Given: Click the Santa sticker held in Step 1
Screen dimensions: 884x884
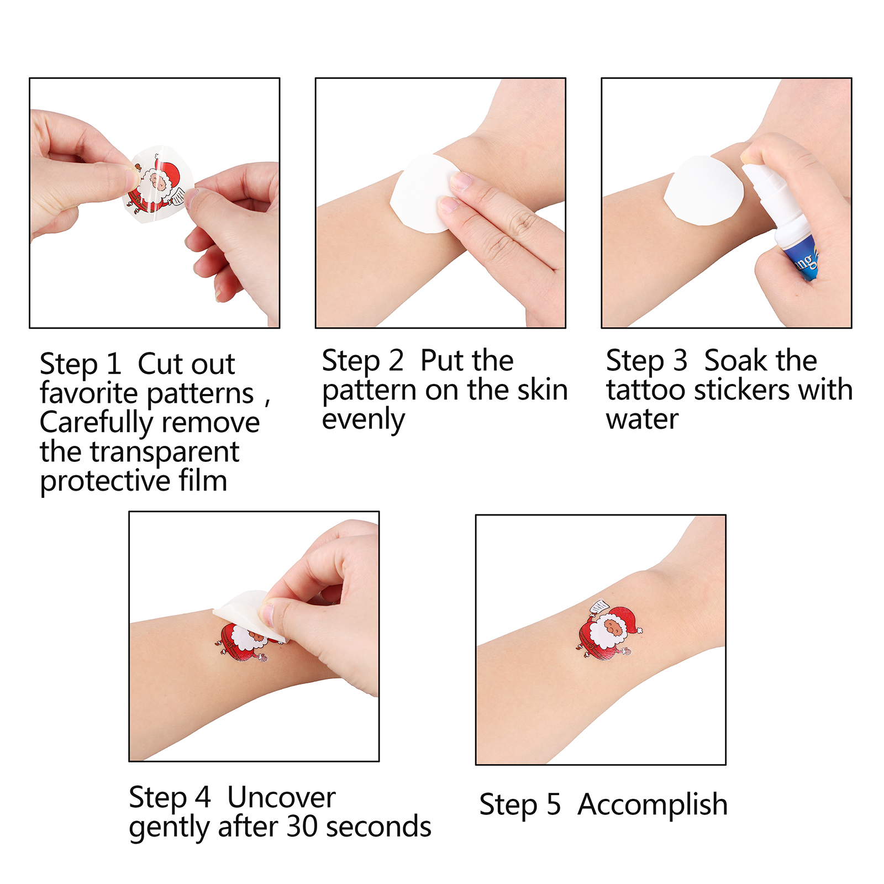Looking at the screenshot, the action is tap(158, 185).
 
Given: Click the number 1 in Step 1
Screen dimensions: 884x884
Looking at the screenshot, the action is tap(113, 364).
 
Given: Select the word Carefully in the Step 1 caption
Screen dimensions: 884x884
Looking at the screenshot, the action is tap(96, 424).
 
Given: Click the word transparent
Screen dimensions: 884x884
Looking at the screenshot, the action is tap(165, 452).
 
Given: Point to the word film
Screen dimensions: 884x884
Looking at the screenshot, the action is tap(203, 480).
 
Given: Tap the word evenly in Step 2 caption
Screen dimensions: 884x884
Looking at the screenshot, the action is tap(363, 420).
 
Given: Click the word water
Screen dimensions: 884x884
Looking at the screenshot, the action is tap(642, 419).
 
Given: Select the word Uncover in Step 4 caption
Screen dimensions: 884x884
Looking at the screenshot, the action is tap(281, 797).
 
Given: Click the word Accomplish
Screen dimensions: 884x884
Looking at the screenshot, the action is tap(653, 805).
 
